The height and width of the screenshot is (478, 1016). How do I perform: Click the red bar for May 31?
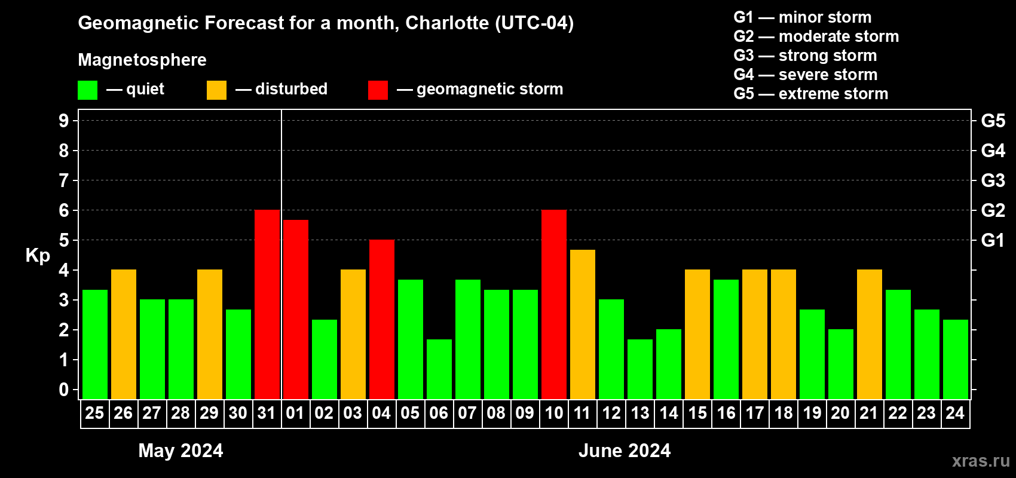[267, 304]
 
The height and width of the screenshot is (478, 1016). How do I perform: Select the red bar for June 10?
[554, 304]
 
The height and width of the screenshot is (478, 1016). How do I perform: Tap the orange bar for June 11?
[583, 324]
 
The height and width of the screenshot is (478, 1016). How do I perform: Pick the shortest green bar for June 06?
[439, 369]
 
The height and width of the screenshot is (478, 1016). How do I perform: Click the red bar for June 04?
[382, 319]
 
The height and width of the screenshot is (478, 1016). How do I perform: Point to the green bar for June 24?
[956, 359]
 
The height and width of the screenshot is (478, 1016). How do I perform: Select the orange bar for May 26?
[124, 334]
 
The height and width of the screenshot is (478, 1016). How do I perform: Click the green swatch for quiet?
[87, 90]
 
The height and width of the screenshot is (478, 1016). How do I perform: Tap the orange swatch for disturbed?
[216, 90]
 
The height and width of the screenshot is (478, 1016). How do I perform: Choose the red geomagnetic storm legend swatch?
[378, 90]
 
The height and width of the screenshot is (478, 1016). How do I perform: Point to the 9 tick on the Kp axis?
[64, 121]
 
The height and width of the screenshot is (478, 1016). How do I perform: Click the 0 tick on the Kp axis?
[64, 390]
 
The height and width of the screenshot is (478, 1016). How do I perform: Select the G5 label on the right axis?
[993, 121]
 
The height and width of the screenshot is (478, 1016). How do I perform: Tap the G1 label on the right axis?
[993, 240]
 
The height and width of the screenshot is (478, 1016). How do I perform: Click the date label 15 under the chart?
[697, 413]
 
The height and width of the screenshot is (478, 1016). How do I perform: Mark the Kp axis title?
[38, 255]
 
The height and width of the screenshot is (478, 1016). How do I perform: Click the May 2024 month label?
[180, 451]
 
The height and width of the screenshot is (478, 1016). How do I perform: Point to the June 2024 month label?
[625, 451]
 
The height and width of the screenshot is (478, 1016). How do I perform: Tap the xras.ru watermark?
[981, 461]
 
